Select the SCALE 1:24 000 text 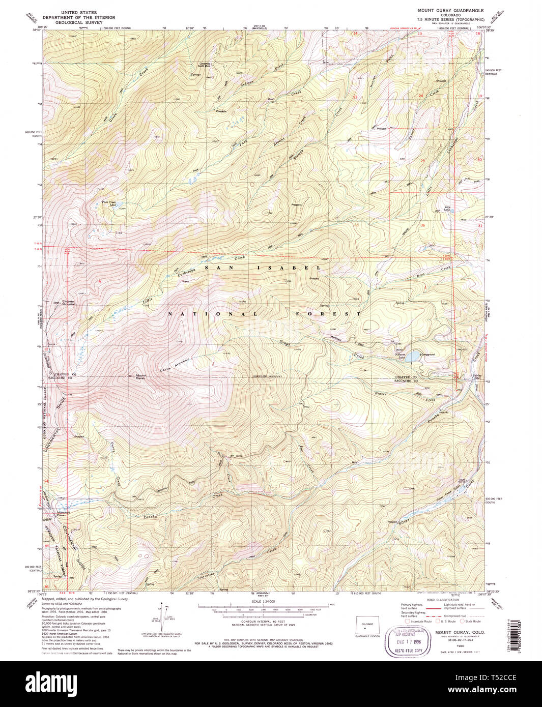pyautogui.click(x=262, y=601)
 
